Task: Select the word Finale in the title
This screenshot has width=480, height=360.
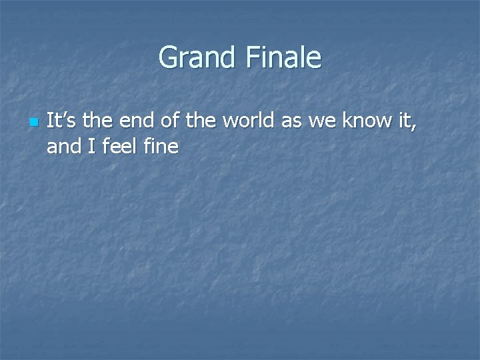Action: (x=283, y=57)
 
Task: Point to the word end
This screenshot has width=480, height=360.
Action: (x=140, y=122)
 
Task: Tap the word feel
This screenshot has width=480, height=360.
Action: (x=119, y=146)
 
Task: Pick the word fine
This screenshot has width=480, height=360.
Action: (x=160, y=146)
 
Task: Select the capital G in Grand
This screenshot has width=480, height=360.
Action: (x=169, y=58)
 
